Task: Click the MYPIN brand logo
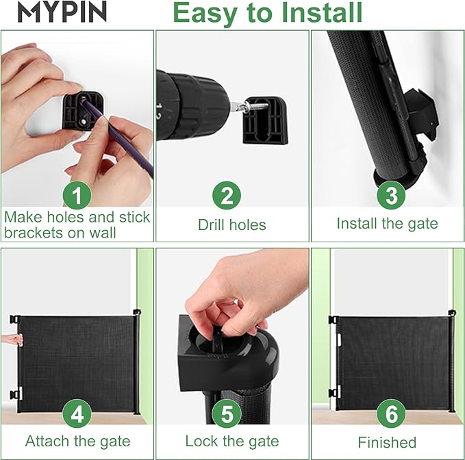pyautogui.click(x=62, y=11)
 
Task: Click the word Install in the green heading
pyautogui.click(x=322, y=12)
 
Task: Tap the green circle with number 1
pyautogui.click(x=77, y=195)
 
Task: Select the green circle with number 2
pyautogui.click(x=227, y=195)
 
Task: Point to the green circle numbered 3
pyautogui.click(x=391, y=195)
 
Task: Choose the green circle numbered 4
pyautogui.click(x=77, y=413)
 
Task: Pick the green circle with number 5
pyautogui.click(x=227, y=413)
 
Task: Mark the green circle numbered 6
pyautogui.click(x=391, y=413)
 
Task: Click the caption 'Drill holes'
pyautogui.click(x=232, y=225)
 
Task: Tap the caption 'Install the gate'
pyautogui.click(x=388, y=224)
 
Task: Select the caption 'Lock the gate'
pyautogui.click(x=232, y=441)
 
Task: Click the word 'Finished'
pyautogui.click(x=387, y=442)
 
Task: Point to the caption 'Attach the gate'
pyautogui.click(x=77, y=441)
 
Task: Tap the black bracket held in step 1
pyautogui.click(x=84, y=111)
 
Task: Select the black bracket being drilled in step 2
pyautogui.click(x=266, y=120)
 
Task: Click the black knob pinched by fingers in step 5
pyautogui.click(x=217, y=339)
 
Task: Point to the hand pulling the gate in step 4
pyautogui.click(x=12, y=340)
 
